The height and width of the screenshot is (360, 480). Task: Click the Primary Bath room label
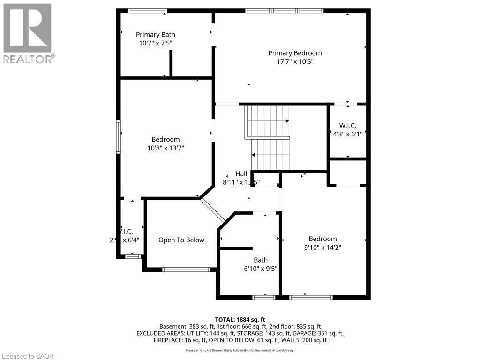156,34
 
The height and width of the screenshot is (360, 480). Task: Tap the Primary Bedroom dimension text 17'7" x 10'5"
295,61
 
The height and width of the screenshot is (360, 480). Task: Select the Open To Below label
181,240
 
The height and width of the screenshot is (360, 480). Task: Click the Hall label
241,173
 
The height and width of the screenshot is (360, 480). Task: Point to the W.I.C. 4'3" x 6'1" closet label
348,129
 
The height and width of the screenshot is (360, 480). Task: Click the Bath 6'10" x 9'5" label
261,264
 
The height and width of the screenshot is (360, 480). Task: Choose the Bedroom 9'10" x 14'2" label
322,243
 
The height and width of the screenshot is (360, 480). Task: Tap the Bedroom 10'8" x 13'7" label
165,143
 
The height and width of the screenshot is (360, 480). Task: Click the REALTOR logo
28,33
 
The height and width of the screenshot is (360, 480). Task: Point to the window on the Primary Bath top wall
148,11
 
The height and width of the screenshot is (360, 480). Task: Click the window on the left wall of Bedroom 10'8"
119,136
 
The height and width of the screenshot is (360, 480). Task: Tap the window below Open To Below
186,269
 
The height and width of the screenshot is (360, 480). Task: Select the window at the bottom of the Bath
263,297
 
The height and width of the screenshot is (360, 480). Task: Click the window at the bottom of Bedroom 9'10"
311,297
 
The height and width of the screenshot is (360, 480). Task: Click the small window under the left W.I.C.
133,256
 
